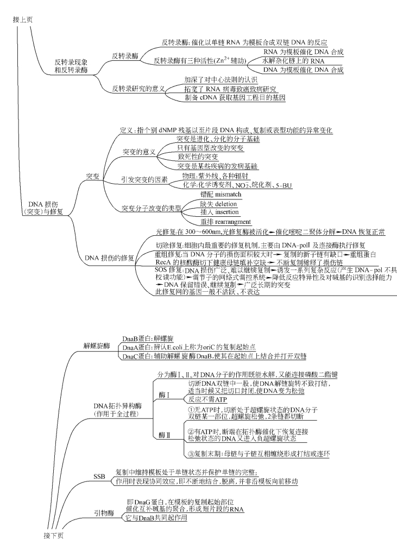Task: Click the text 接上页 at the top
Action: tap(23, 20)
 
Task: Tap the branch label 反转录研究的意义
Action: tap(138, 88)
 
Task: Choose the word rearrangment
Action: tap(233, 222)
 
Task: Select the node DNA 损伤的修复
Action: tap(110, 258)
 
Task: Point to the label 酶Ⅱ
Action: tap(165, 435)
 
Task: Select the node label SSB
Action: tap(99, 477)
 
